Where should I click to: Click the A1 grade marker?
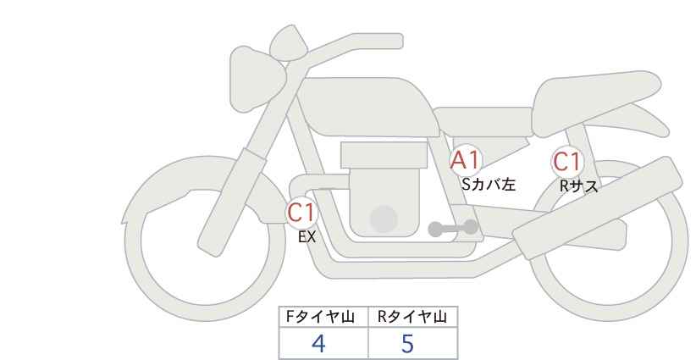[x=465, y=161]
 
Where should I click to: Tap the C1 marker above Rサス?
[x=567, y=162]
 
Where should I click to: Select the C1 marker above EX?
[x=301, y=213]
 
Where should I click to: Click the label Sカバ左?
[x=489, y=184]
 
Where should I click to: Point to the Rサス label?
[x=578, y=186]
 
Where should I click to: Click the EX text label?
[x=307, y=237]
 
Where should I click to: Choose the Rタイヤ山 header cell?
[x=413, y=317]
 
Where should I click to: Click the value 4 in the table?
[x=318, y=343]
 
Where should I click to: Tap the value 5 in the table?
[x=407, y=343]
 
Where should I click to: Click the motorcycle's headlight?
[x=256, y=79]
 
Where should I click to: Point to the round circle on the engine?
[x=384, y=219]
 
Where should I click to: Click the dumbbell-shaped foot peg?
[x=452, y=228]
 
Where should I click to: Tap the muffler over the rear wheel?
[x=597, y=208]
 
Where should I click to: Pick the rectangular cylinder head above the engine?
[x=384, y=155]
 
